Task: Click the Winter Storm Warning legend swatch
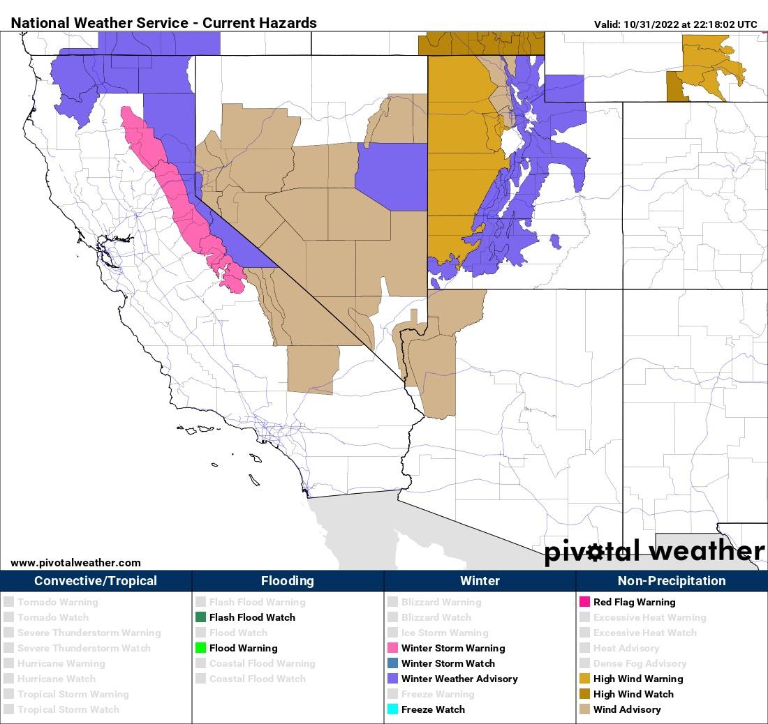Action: pyautogui.click(x=392, y=648)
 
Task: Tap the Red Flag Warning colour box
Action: pyautogui.click(x=584, y=602)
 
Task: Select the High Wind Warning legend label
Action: pyautogui.click(x=638, y=679)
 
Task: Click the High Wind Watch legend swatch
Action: pyautogui.click(x=584, y=694)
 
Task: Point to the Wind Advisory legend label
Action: pyautogui.click(x=627, y=709)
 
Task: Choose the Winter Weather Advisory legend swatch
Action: pyautogui.click(x=392, y=679)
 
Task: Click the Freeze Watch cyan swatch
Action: pyautogui.click(x=392, y=709)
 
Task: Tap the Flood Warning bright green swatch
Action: pyautogui.click(x=200, y=648)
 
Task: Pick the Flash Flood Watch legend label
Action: pyautogui.click(x=252, y=617)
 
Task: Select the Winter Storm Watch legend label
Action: pyautogui.click(x=448, y=663)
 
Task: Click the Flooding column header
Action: pyautogui.click(x=288, y=581)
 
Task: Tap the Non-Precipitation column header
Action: pyautogui.click(x=672, y=581)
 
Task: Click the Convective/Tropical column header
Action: pyautogui.click(x=96, y=581)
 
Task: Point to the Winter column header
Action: pyautogui.click(x=480, y=581)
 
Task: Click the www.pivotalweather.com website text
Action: pyautogui.click(x=75, y=563)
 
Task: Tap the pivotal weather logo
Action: pyautogui.click(x=654, y=552)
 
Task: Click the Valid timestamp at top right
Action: pyautogui.click(x=675, y=24)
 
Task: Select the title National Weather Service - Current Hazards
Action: pyautogui.click(x=164, y=23)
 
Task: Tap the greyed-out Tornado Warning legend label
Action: pyautogui.click(x=58, y=602)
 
